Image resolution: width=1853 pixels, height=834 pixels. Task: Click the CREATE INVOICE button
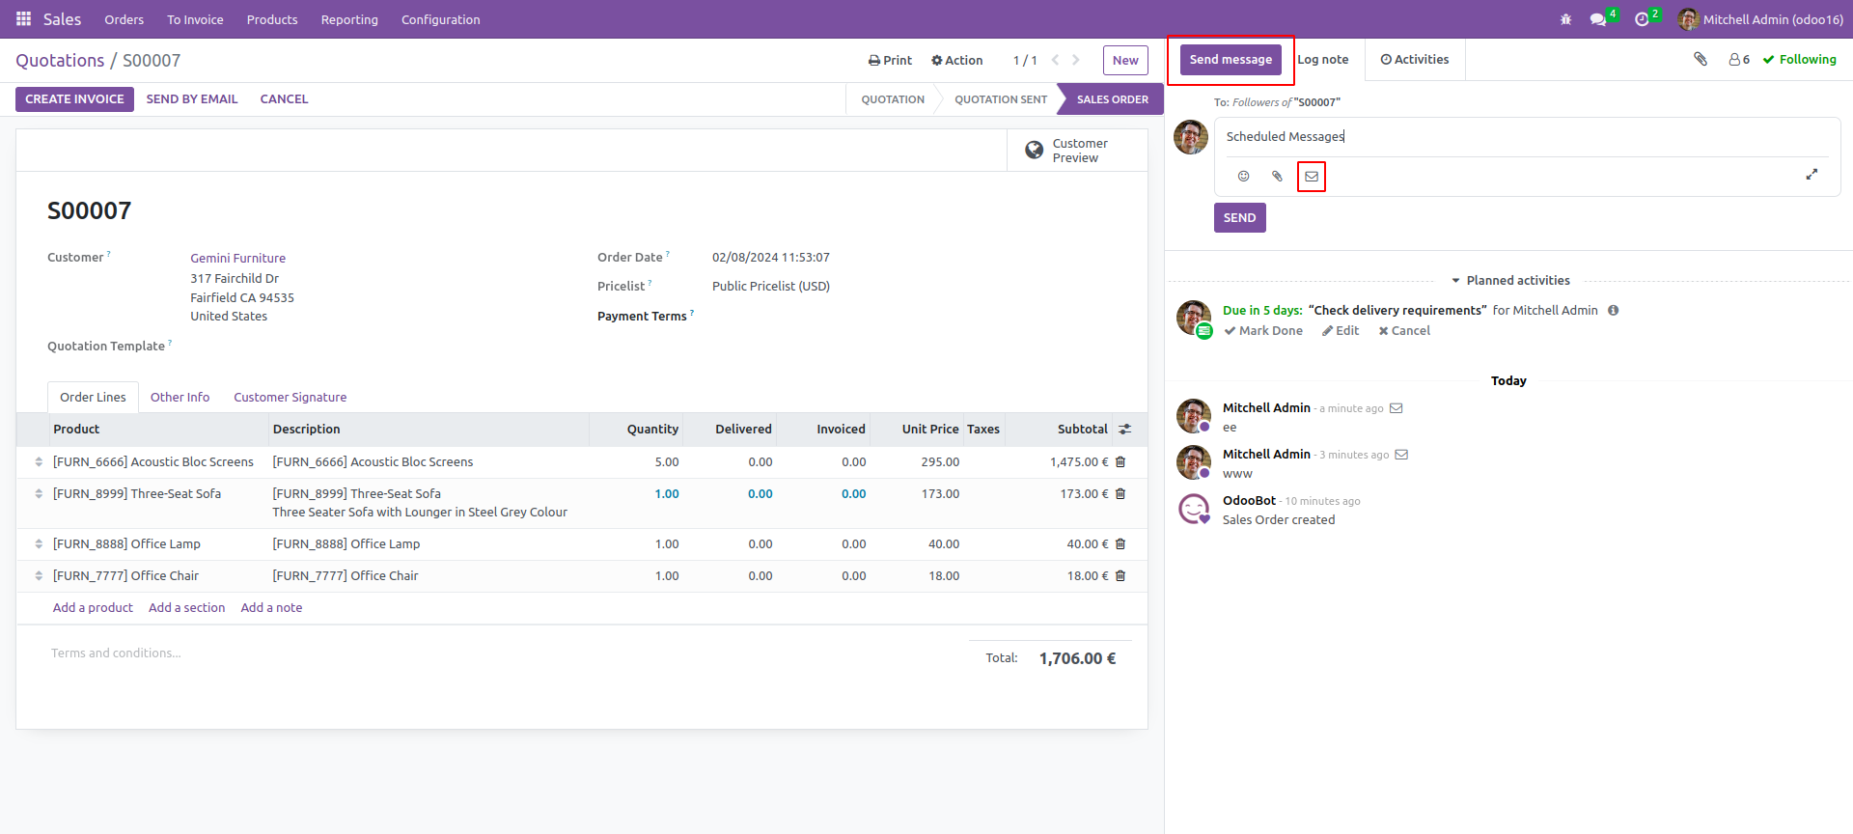click(x=74, y=99)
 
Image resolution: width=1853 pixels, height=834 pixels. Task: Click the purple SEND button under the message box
click(x=1239, y=218)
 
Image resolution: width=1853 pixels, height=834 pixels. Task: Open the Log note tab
click(x=1322, y=60)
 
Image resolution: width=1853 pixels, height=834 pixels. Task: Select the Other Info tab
click(x=180, y=398)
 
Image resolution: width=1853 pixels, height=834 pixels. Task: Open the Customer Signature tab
click(x=290, y=398)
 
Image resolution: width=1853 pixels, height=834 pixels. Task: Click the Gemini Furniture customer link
click(x=237, y=259)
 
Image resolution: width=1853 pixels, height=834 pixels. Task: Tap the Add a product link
click(x=93, y=608)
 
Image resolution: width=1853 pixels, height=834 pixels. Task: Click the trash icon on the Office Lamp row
click(x=1120, y=544)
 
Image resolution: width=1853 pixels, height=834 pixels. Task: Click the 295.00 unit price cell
click(x=939, y=462)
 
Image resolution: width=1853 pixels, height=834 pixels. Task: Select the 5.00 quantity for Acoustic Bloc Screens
click(x=666, y=462)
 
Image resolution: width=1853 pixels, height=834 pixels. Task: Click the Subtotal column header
click(x=1082, y=430)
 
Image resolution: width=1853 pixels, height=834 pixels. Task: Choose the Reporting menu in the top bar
click(x=349, y=19)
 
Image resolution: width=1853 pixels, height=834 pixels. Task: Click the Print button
click(x=890, y=60)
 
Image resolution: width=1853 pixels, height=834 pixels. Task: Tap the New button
click(x=1125, y=60)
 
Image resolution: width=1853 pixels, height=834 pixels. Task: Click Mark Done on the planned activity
click(x=1263, y=331)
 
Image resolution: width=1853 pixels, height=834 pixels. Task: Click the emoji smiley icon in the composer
click(x=1243, y=177)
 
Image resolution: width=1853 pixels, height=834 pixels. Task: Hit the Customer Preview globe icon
click(x=1035, y=151)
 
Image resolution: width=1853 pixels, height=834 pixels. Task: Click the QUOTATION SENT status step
click(x=1000, y=99)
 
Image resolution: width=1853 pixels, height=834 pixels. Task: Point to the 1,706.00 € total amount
click(x=1077, y=658)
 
